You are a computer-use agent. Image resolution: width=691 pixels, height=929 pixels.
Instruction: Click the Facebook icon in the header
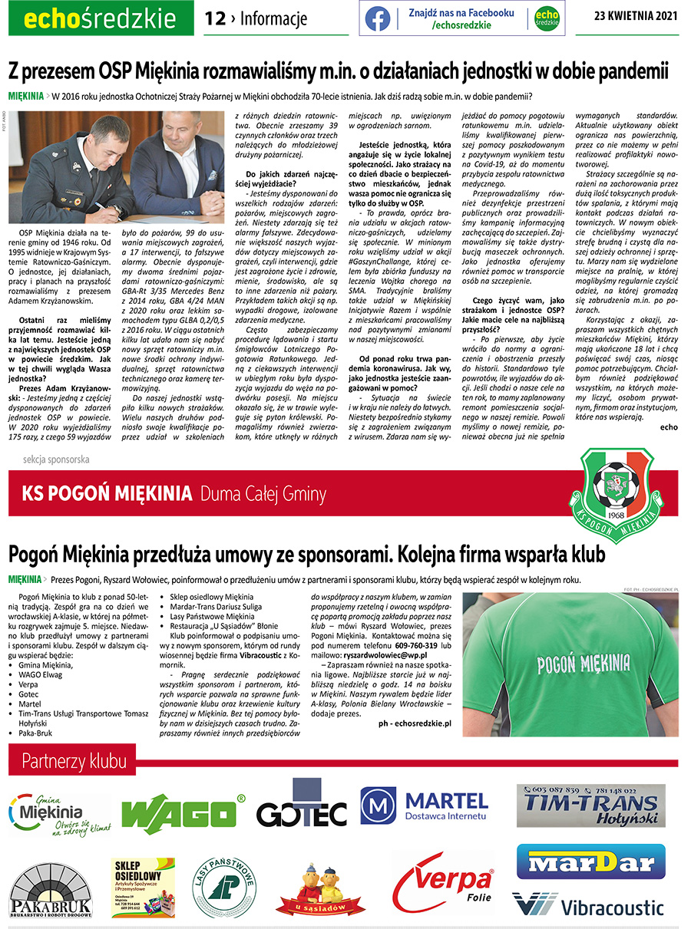[378, 18]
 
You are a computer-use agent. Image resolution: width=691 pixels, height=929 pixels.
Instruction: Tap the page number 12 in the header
[215, 18]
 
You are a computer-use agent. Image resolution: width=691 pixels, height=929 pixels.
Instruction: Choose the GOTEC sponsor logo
[301, 809]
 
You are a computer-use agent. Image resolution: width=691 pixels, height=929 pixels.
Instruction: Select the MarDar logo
[590, 861]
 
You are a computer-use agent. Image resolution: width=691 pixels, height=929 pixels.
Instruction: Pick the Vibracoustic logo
[588, 906]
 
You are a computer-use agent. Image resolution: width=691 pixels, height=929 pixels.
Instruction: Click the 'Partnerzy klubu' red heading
[74, 762]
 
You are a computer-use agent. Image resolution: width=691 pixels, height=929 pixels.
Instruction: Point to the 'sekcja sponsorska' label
[56, 460]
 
